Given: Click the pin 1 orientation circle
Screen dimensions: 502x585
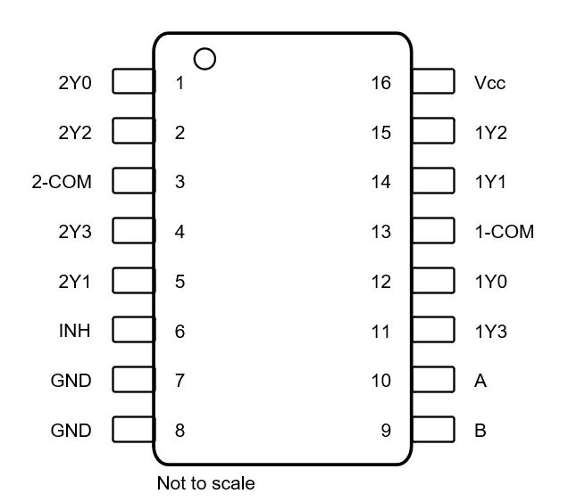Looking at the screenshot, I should coord(205,59).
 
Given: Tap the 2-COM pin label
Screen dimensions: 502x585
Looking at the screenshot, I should coord(62,183).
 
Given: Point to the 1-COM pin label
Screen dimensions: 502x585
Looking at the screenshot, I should coord(504,232).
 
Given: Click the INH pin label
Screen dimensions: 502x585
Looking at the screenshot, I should coord(73,332).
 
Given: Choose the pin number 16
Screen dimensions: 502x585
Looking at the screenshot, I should coord(381,83).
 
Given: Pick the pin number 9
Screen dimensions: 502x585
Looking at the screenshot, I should coord(386,431).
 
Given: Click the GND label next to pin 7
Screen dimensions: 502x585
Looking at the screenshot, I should coord(71,381).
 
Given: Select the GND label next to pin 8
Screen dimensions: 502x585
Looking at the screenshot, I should coord(71,431).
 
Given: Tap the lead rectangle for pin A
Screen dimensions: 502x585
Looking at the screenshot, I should coord(432,381).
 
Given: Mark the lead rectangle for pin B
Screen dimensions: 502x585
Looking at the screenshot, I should coord(432,431).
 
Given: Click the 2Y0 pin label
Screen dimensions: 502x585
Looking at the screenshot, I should coord(74,83).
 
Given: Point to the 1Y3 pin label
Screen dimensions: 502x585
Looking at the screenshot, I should coord(491,332).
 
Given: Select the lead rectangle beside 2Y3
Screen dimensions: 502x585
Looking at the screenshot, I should coord(132,232).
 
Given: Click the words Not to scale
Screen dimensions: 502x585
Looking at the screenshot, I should coord(205,483).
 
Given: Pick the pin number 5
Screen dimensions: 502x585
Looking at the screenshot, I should coord(180,282).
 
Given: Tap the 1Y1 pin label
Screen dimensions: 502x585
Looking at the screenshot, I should coord(491,183).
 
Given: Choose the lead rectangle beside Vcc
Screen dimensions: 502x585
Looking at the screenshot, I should coord(432,83).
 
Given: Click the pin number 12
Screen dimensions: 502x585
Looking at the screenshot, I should coord(381,282).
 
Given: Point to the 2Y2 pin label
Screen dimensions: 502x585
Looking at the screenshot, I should coord(74,133).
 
